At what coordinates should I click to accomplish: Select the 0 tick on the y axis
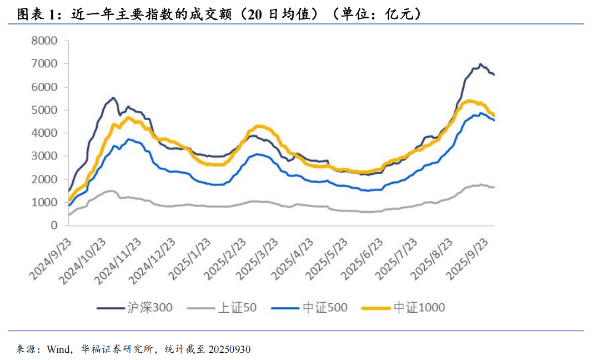(54, 226)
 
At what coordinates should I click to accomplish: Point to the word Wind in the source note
(58, 349)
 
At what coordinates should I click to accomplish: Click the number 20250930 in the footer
(228, 349)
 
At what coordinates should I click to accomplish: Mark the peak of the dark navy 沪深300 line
(480, 64)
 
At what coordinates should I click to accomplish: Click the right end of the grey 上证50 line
(494, 187)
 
